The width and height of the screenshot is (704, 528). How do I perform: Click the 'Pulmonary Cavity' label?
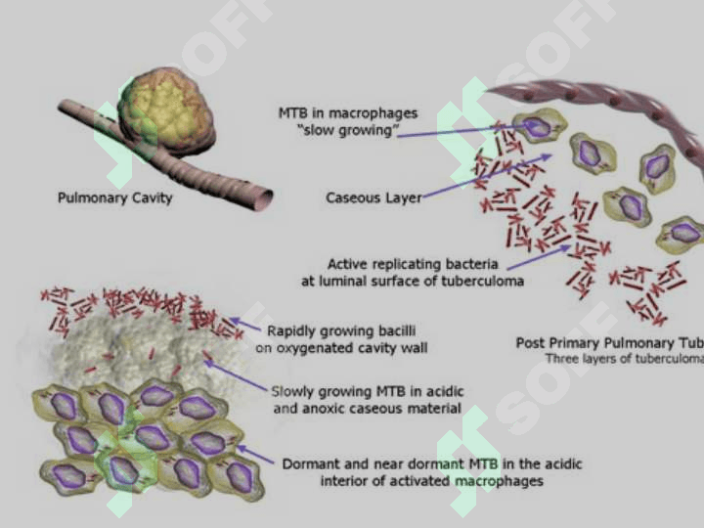click(x=114, y=198)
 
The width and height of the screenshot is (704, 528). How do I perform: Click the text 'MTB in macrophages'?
click(x=347, y=114)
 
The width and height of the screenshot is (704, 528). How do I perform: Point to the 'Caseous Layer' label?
click(x=374, y=198)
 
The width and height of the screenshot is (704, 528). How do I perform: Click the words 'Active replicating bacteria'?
click(x=413, y=264)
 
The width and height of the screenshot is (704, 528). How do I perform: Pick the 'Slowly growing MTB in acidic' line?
click(x=369, y=391)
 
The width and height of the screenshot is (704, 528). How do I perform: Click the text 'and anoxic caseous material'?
click(x=368, y=409)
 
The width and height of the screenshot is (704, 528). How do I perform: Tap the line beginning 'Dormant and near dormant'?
click(x=431, y=462)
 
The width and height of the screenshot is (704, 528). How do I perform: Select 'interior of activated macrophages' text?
click(x=431, y=480)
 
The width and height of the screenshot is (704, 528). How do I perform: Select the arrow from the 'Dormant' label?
click(x=256, y=454)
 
